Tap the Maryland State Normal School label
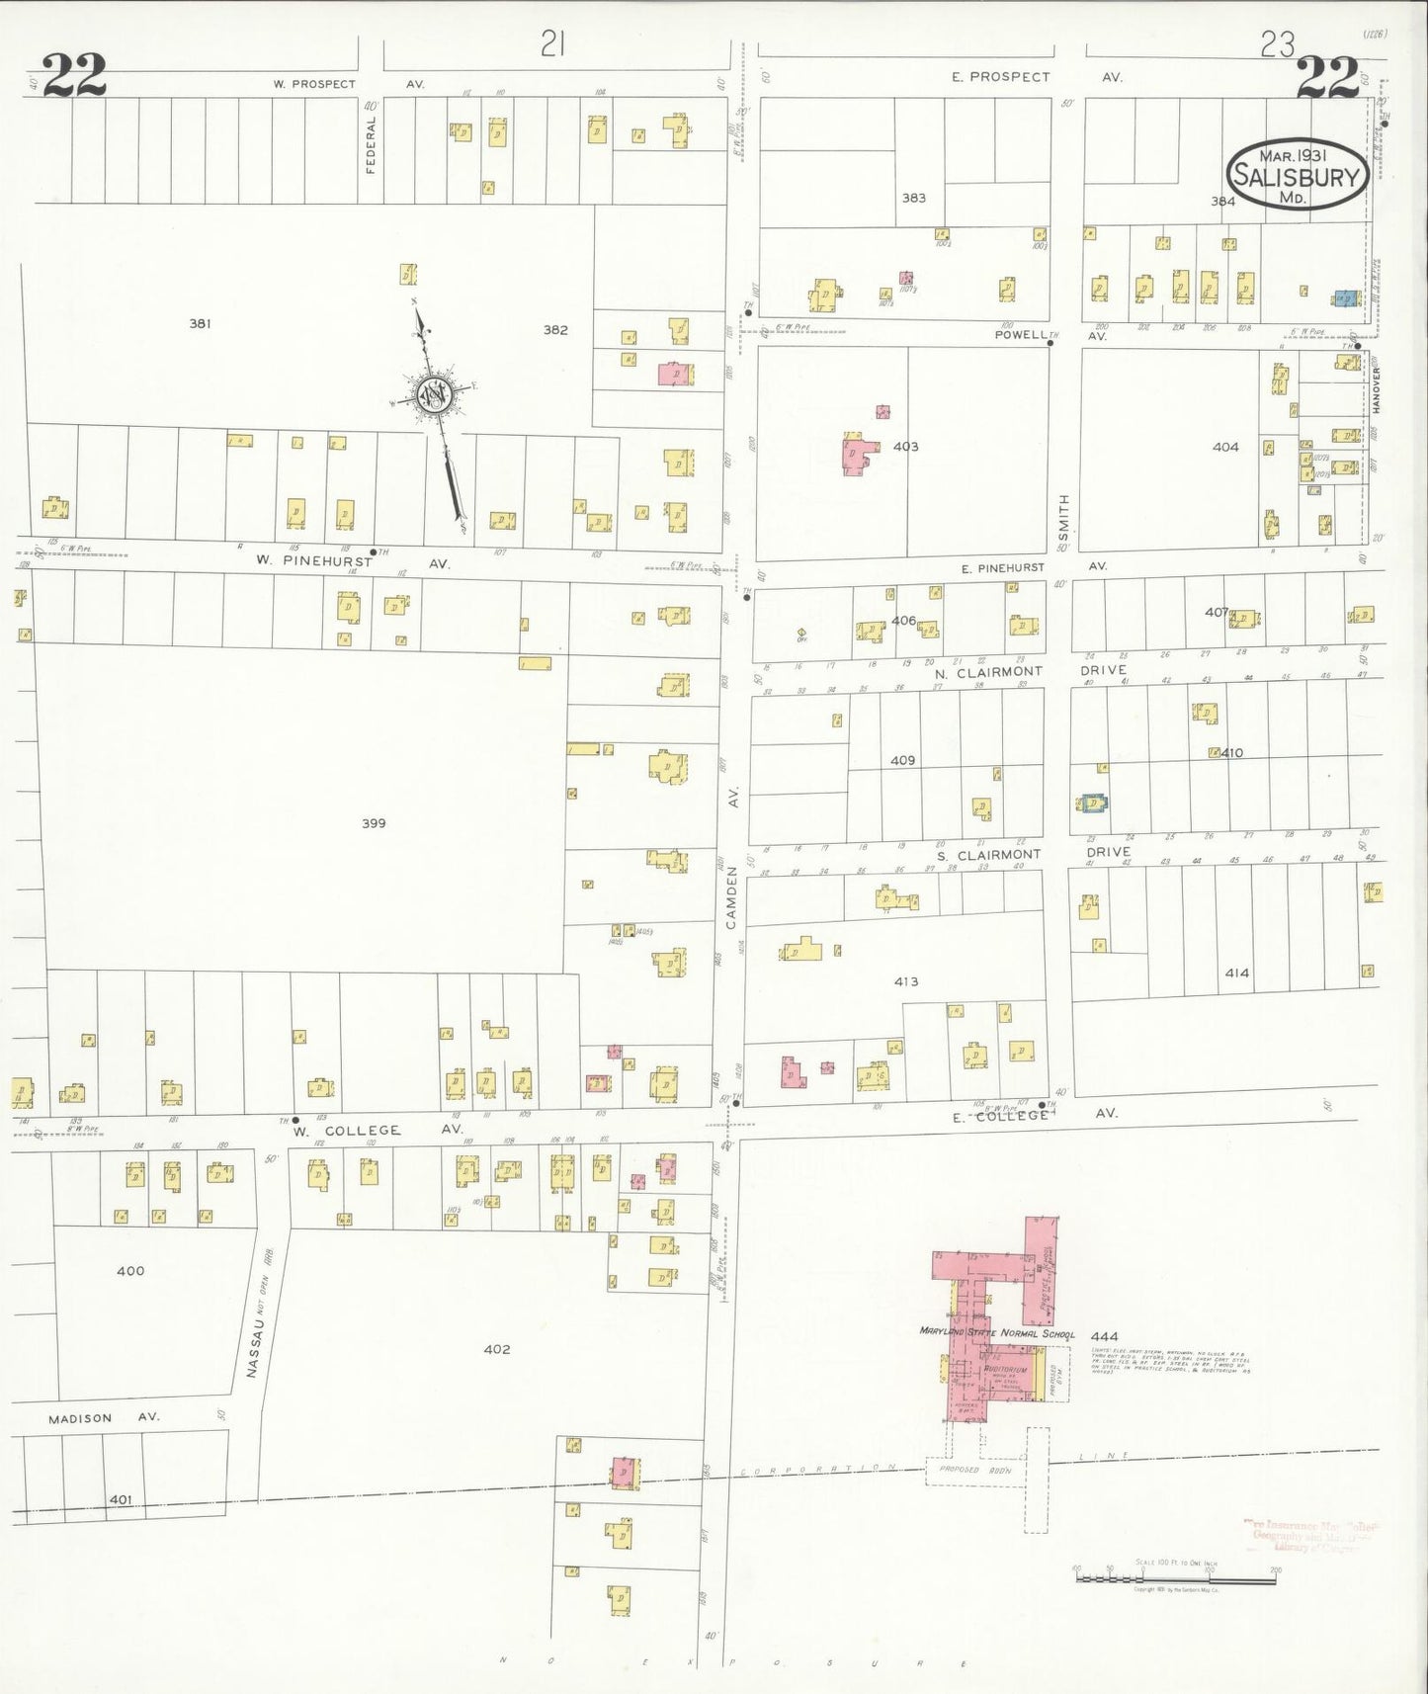(x=996, y=1333)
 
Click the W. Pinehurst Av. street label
(x=351, y=562)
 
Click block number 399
(x=374, y=823)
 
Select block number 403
(x=905, y=447)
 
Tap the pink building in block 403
(x=856, y=453)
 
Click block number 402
(x=496, y=1349)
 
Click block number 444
(x=1104, y=1337)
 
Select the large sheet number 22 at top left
(x=74, y=77)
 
